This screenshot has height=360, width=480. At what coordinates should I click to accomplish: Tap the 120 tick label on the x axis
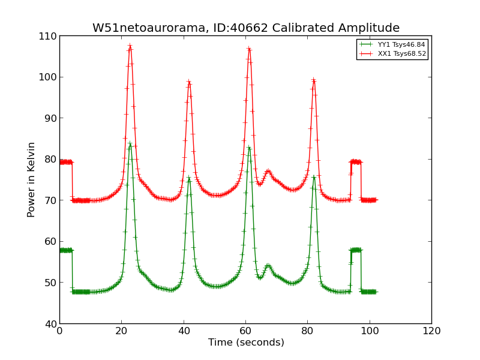[x=431, y=331]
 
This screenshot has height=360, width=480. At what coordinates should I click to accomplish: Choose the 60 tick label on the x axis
[x=245, y=331]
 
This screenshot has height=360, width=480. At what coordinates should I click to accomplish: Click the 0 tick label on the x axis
[x=59, y=331]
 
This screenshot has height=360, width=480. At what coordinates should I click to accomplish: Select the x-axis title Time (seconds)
[x=246, y=343]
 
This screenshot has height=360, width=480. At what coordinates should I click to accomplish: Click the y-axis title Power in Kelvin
[x=32, y=179]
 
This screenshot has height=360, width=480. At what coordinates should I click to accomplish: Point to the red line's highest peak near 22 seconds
[x=130, y=46]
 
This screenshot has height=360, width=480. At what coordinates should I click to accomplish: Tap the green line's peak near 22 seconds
[x=130, y=143]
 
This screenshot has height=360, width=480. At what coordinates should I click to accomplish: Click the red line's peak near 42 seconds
[x=189, y=82]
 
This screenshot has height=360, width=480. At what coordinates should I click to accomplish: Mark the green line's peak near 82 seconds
[x=314, y=176]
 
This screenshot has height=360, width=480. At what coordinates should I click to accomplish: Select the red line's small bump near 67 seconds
[x=268, y=172]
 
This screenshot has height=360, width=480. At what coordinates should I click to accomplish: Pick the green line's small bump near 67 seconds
[x=268, y=265]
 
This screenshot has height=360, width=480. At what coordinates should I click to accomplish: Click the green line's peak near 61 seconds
[x=249, y=147]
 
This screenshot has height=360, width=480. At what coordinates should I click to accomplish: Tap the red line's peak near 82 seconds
[x=313, y=80]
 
